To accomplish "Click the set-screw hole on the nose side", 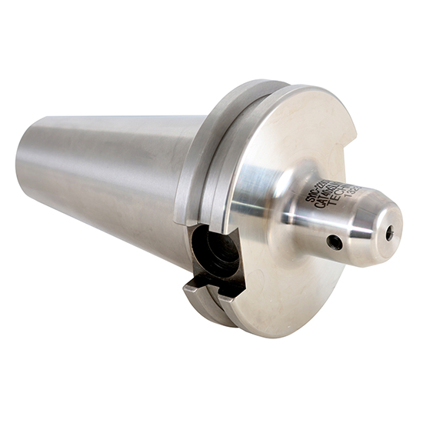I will [335, 242].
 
